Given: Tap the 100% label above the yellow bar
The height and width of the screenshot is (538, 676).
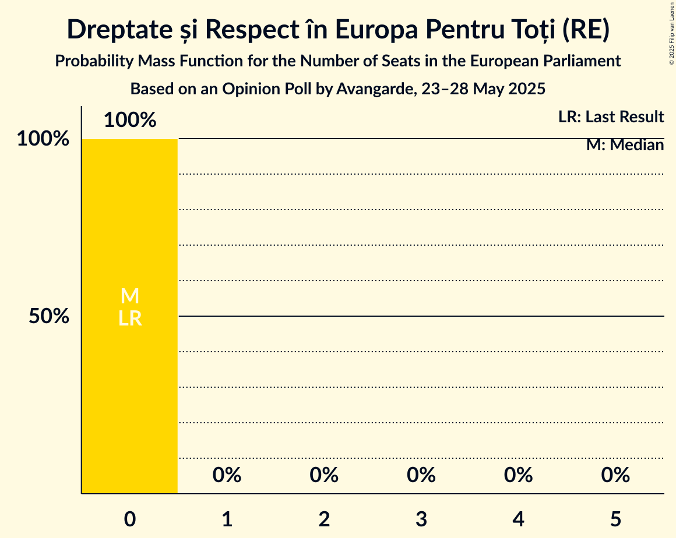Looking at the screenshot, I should click(x=130, y=120).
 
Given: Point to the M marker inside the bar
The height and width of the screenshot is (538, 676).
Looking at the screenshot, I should click(x=130, y=296).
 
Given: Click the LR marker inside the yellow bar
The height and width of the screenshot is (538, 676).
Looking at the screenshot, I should click(x=130, y=318).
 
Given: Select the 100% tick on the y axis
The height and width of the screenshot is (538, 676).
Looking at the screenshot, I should click(x=43, y=139).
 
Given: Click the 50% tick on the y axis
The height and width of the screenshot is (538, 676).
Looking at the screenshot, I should click(x=49, y=317).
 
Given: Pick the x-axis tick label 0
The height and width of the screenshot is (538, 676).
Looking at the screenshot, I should click(x=130, y=519).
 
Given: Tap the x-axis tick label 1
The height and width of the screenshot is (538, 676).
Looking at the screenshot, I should click(x=227, y=519).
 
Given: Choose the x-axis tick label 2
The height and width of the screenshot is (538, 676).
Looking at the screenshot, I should click(x=324, y=519).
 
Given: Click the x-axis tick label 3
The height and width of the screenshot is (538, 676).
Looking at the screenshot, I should click(x=421, y=519).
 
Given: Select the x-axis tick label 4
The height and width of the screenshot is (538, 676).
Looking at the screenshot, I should click(x=519, y=519).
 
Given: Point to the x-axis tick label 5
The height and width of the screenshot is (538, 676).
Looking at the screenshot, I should click(x=615, y=519).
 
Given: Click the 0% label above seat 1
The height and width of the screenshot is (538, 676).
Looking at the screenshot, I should click(x=227, y=475).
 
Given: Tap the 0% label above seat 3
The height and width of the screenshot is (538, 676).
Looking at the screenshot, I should click(x=421, y=475).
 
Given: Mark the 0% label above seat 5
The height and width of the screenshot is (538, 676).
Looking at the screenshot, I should click(x=615, y=475).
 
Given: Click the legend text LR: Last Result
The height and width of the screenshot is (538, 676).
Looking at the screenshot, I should click(x=611, y=117).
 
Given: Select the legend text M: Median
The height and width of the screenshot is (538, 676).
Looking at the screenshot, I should click(x=625, y=145).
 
